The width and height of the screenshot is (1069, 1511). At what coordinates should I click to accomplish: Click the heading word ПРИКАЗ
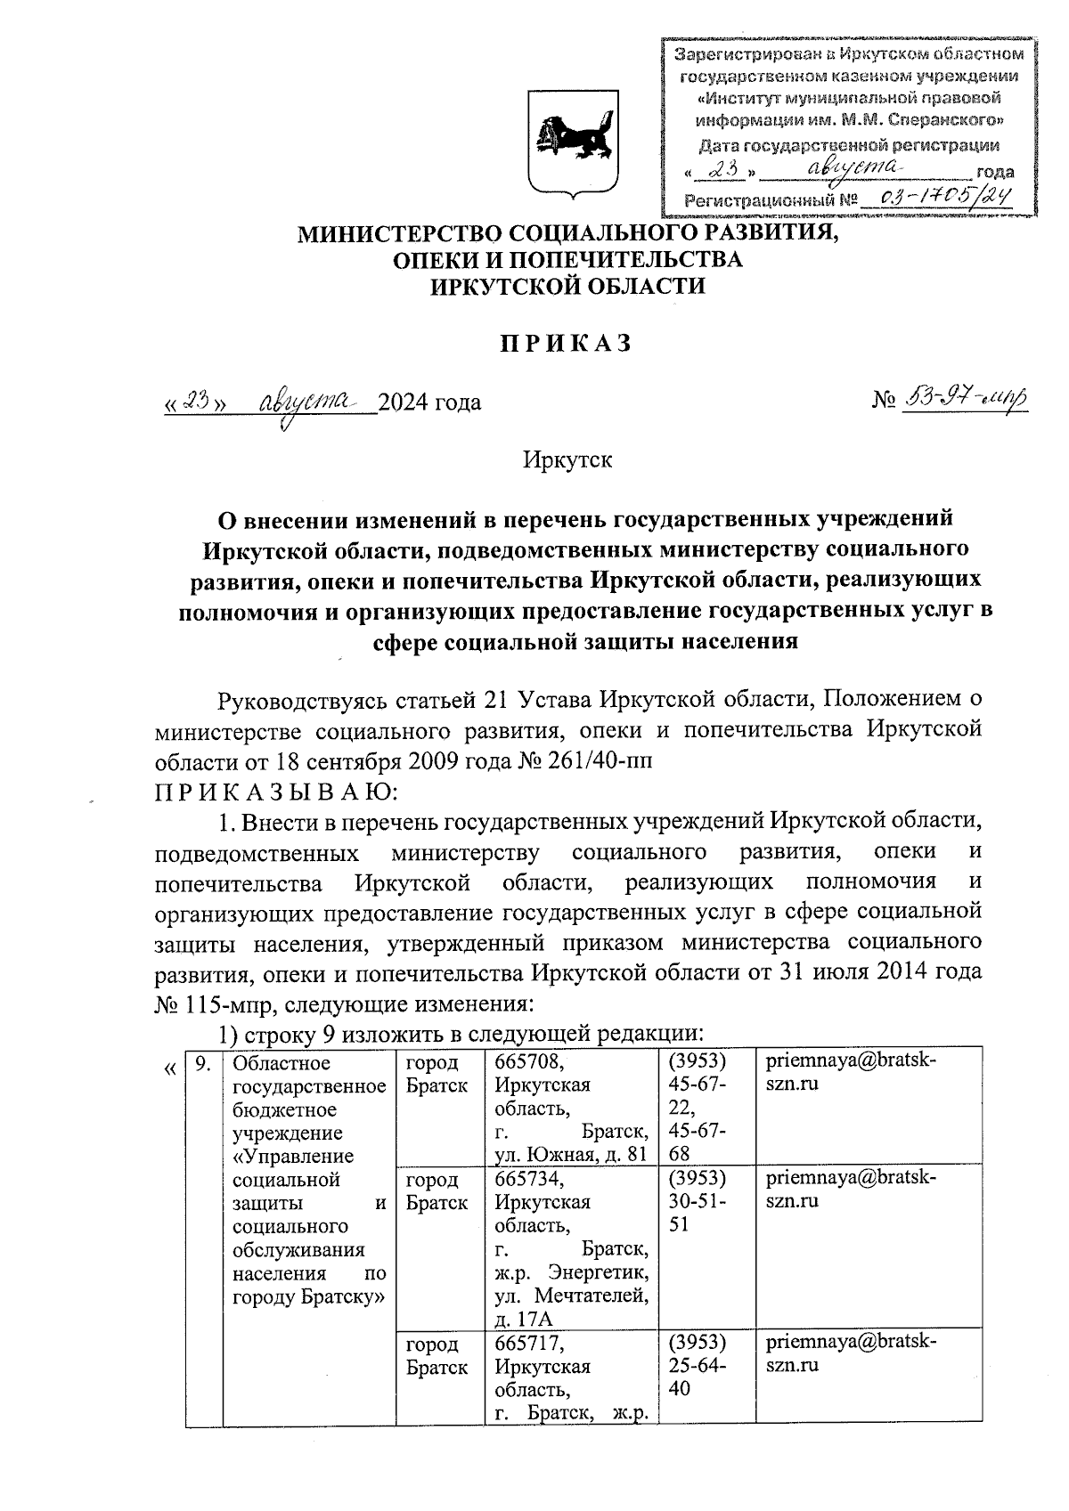pos(563,344)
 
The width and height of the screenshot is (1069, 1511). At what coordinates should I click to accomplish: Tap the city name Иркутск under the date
pos(567,459)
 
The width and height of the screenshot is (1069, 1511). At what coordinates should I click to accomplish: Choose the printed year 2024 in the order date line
pos(404,402)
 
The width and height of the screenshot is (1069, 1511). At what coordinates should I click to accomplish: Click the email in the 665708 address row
pos(851,1073)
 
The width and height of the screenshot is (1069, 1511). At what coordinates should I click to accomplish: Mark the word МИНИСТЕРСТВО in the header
pos(398,234)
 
